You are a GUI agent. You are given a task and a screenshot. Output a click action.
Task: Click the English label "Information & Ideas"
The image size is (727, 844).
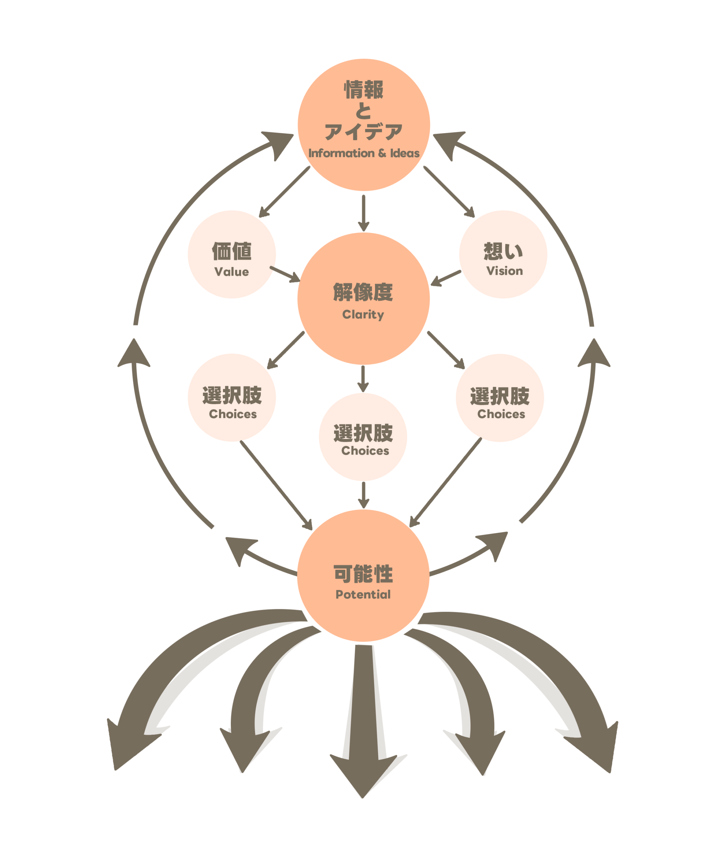[363, 153]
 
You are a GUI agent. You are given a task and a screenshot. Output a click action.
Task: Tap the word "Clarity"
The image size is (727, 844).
[363, 315]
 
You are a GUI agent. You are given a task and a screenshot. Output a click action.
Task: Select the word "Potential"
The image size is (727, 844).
[363, 594]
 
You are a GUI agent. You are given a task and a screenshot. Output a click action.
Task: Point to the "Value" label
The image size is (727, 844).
[232, 272]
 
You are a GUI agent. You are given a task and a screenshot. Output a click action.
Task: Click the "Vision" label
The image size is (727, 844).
[504, 271]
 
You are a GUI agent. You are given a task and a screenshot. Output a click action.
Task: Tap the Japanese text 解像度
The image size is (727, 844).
[363, 292]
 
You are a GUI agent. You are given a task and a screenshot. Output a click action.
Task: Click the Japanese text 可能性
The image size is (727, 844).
[363, 574]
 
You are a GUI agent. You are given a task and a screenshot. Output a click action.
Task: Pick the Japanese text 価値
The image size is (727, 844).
[232, 251]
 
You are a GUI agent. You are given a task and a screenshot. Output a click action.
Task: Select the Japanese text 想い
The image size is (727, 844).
[503, 251]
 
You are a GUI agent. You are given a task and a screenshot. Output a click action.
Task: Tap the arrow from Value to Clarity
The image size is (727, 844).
[285, 274]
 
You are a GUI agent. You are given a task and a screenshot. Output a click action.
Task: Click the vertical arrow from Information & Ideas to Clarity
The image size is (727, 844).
[363, 213]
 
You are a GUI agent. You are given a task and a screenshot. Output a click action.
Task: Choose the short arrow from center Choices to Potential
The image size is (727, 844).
[363, 495]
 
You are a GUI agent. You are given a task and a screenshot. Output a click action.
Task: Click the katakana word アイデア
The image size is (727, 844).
[363, 132]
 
